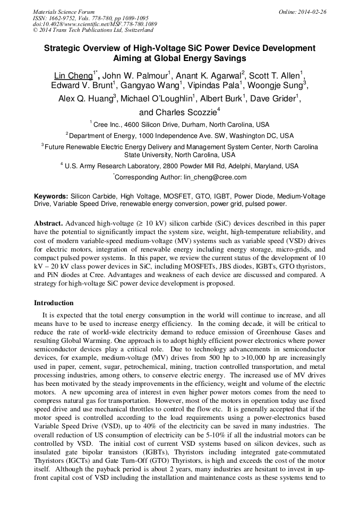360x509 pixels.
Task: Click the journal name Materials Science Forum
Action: click(64, 12)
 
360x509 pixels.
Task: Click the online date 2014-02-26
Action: click(308, 12)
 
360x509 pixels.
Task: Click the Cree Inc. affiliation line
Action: click(180, 125)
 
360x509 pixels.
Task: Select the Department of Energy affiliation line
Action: click(180, 136)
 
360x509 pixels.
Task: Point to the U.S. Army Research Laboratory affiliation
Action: click(180, 166)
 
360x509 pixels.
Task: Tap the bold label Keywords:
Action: click(51, 196)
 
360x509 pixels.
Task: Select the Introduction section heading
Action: click(54, 303)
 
